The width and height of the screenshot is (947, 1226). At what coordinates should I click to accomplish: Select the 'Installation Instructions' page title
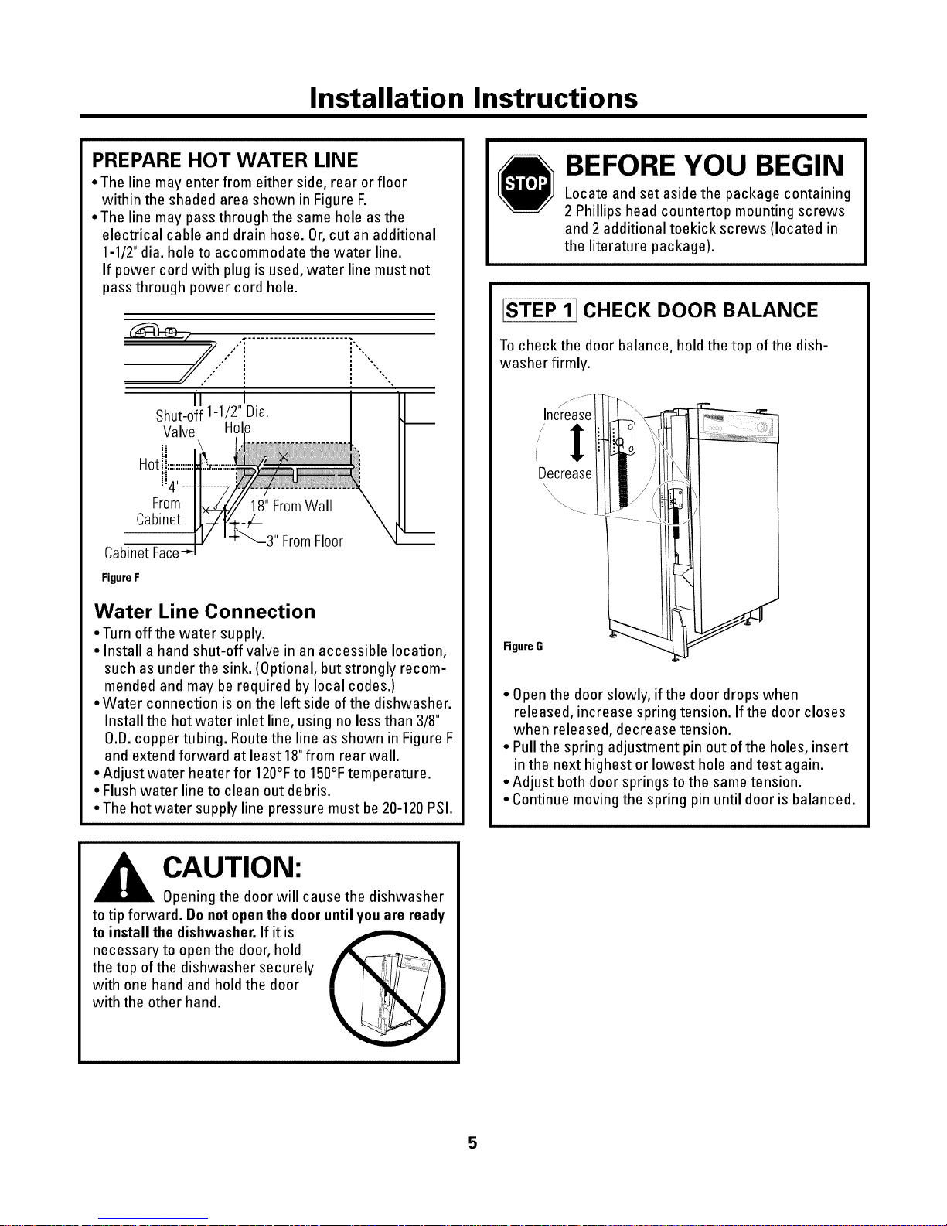pos(473,98)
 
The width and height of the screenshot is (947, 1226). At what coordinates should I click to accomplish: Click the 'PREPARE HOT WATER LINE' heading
pos(225,160)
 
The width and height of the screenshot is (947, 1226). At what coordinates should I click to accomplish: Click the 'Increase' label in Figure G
pos(567,415)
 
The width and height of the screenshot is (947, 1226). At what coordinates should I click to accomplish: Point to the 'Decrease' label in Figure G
pos(565,473)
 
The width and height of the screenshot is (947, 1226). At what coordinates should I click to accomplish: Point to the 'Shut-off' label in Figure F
pos(176,415)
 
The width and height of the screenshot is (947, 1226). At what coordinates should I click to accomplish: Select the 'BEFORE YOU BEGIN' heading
pos(703,166)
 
